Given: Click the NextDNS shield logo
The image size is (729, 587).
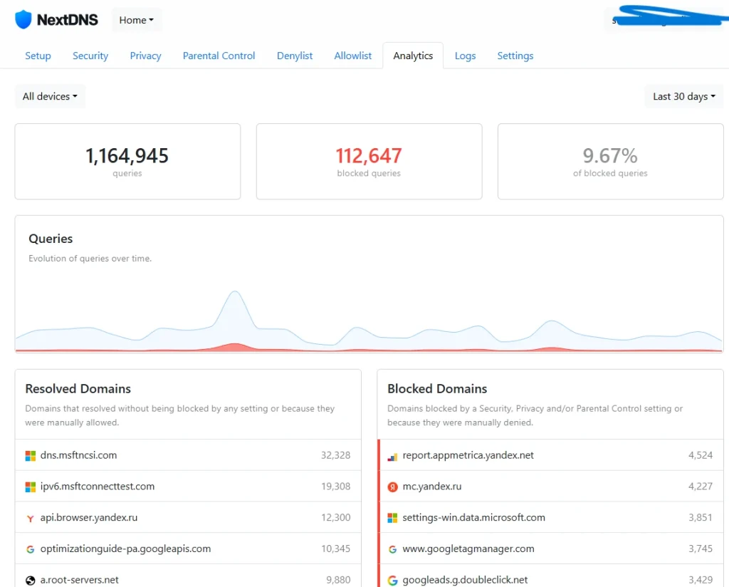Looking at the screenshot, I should [23, 19].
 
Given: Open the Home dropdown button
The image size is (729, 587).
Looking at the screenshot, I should [137, 20].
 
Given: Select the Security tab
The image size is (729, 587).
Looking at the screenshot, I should [90, 56].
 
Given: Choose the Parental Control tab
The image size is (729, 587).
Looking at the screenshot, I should [219, 56].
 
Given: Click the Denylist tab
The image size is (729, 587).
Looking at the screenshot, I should [295, 56].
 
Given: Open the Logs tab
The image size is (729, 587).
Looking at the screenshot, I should [465, 56].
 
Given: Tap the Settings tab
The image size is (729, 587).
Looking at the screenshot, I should [515, 56].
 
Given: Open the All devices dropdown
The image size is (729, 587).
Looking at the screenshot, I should [50, 96].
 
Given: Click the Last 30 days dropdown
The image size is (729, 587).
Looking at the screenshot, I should [683, 96].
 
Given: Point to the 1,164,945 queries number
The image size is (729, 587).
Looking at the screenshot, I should [127, 156].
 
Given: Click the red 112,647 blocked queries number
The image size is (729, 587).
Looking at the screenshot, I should [369, 156].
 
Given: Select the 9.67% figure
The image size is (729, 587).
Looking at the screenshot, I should [610, 156].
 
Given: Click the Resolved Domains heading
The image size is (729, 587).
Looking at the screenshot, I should [78, 389].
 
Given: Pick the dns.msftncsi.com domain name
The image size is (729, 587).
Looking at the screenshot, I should [78, 455].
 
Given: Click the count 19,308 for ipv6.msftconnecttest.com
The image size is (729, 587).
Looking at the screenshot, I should [335, 487].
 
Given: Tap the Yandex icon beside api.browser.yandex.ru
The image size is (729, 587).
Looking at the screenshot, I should [30, 519].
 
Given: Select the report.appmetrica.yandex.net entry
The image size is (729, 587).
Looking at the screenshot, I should [468, 455].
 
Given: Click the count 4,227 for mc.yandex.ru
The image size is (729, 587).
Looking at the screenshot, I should [700, 487].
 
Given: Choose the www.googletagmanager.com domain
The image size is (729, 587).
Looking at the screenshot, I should [468, 549].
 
